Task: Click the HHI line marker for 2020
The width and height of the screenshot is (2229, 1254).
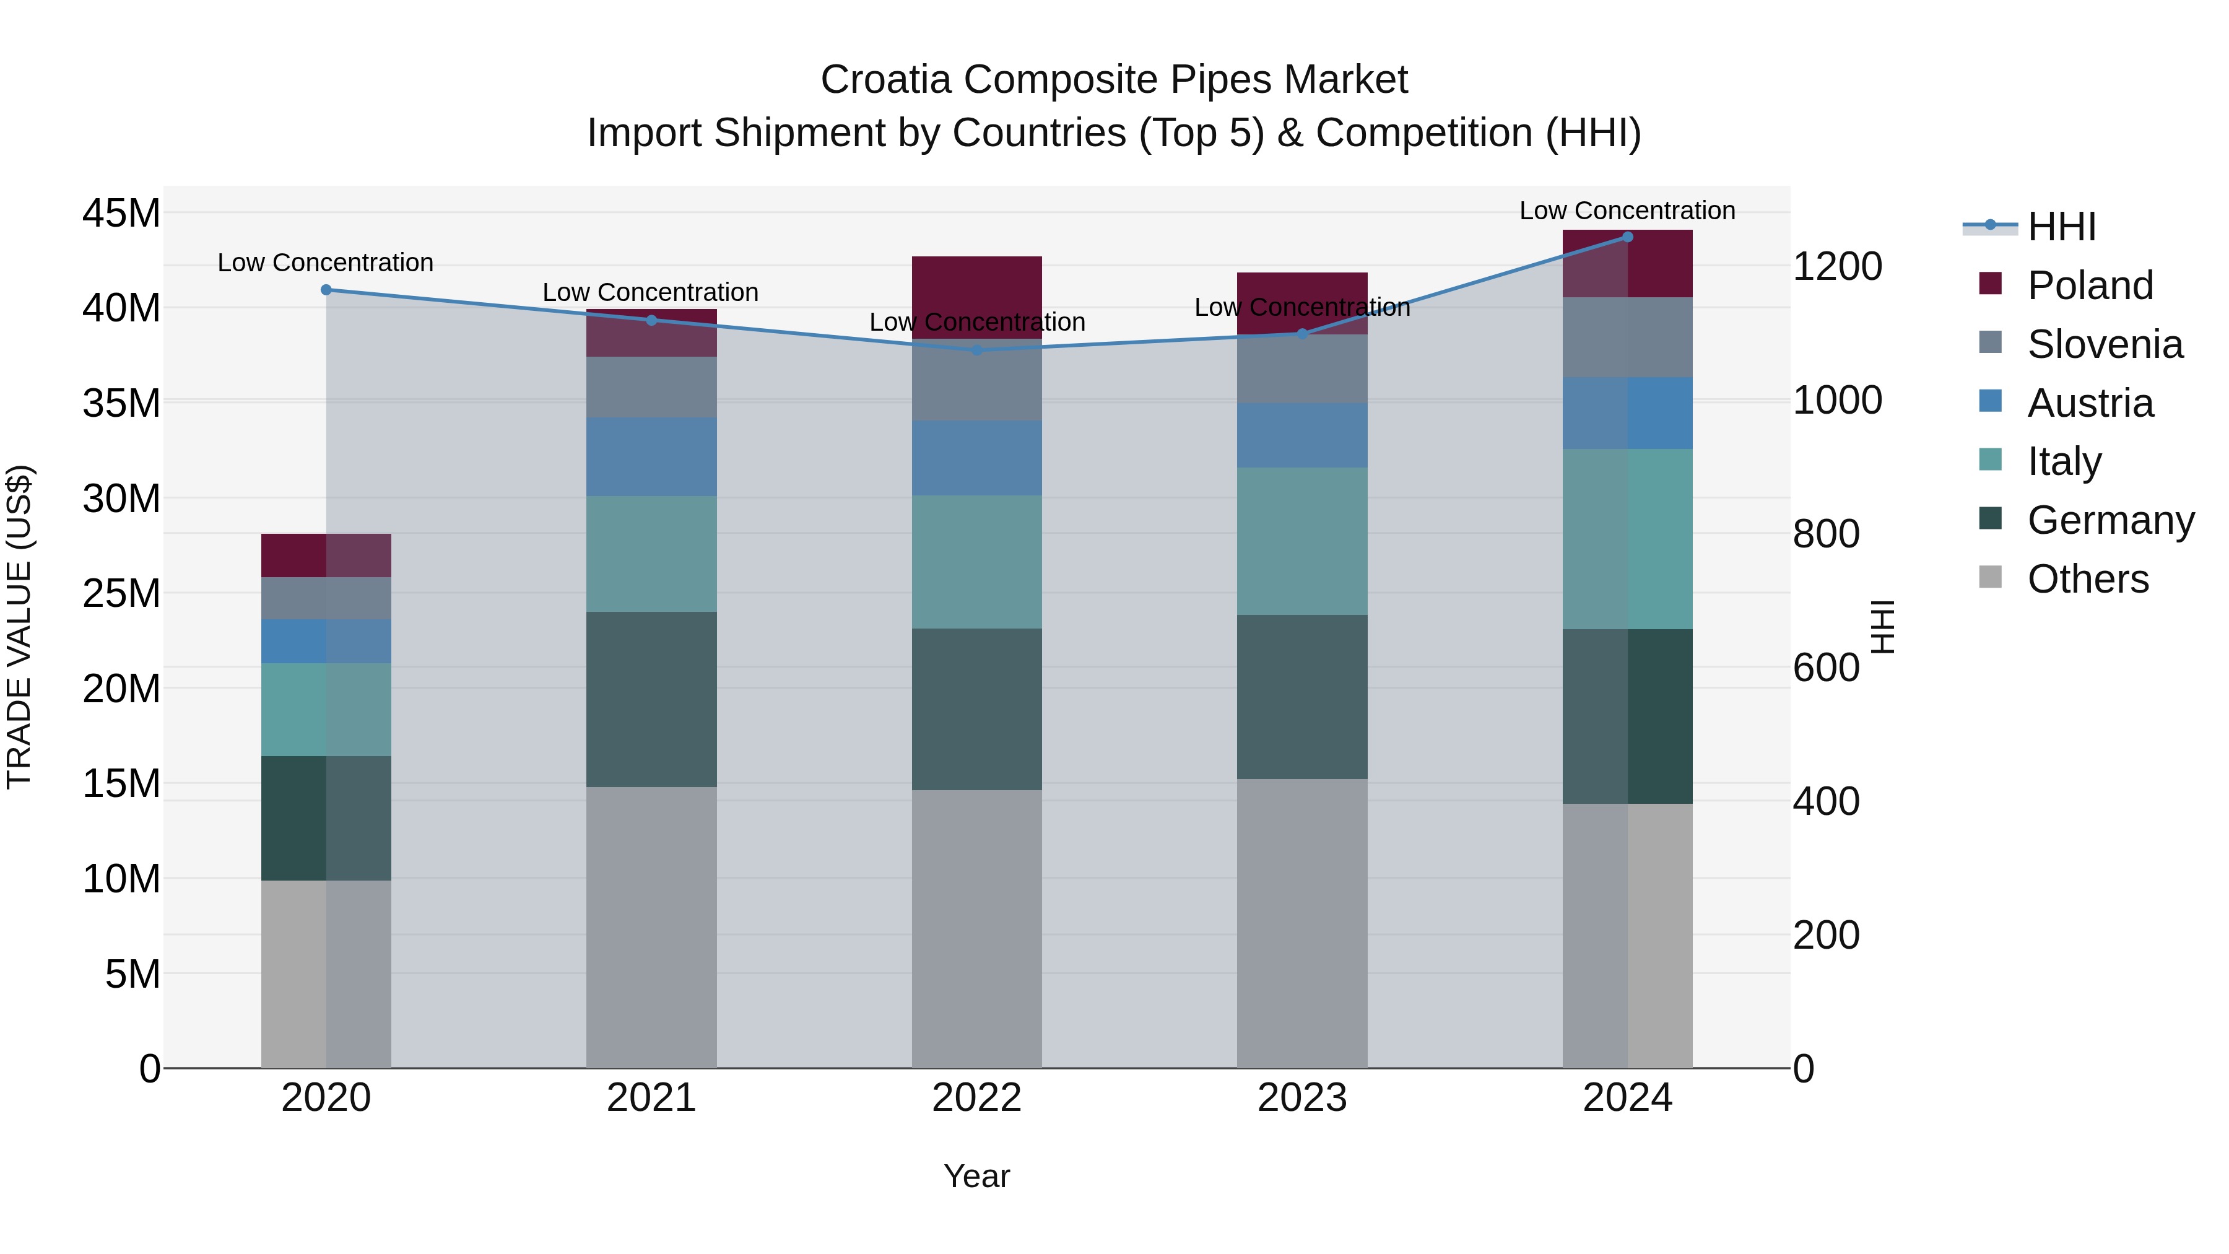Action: tap(326, 290)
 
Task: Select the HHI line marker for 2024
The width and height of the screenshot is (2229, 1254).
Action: tap(1628, 237)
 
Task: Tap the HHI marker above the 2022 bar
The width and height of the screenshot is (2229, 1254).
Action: tap(977, 351)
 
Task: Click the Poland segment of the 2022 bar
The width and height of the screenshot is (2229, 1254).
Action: tap(977, 285)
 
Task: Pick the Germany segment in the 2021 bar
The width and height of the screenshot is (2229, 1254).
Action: tap(651, 699)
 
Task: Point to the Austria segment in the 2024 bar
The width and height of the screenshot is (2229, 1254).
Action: tap(1628, 413)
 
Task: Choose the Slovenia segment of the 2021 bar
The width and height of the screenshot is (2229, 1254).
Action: tap(651, 387)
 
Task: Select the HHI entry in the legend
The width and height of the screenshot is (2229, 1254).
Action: tap(2060, 227)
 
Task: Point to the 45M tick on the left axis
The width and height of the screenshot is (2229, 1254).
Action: tap(121, 213)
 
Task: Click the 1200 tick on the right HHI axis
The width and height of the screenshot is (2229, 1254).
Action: tap(1837, 266)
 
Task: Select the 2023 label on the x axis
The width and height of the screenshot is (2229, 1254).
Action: tap(1302, 1098)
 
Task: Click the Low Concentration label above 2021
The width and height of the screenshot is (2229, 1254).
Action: tap(650, 292)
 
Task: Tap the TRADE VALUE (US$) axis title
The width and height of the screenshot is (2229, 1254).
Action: tap(19, 627)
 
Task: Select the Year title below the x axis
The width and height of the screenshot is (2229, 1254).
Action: tap(977, 1176)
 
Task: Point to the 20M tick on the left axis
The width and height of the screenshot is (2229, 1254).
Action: tap(121, 689)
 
